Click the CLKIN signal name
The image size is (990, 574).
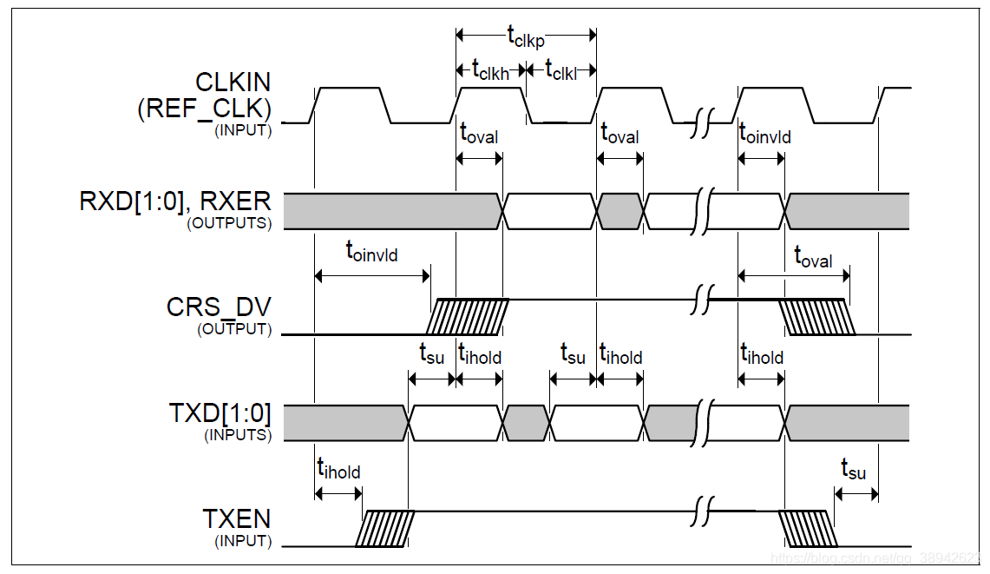tap(233, 82)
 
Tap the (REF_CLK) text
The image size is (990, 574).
tap(204, 109)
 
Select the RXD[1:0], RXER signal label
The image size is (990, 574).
tap(175, 202)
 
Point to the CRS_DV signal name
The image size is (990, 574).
tap(219, 308)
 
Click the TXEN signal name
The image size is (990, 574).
tap(236, 519)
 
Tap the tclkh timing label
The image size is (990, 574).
tap(489, 69)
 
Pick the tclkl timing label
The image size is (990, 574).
tap(563, 69)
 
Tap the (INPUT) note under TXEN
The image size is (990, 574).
tap(243, 541)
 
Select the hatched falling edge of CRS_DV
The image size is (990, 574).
tap(816, 316)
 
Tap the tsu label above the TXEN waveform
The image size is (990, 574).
tap(854, 470)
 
